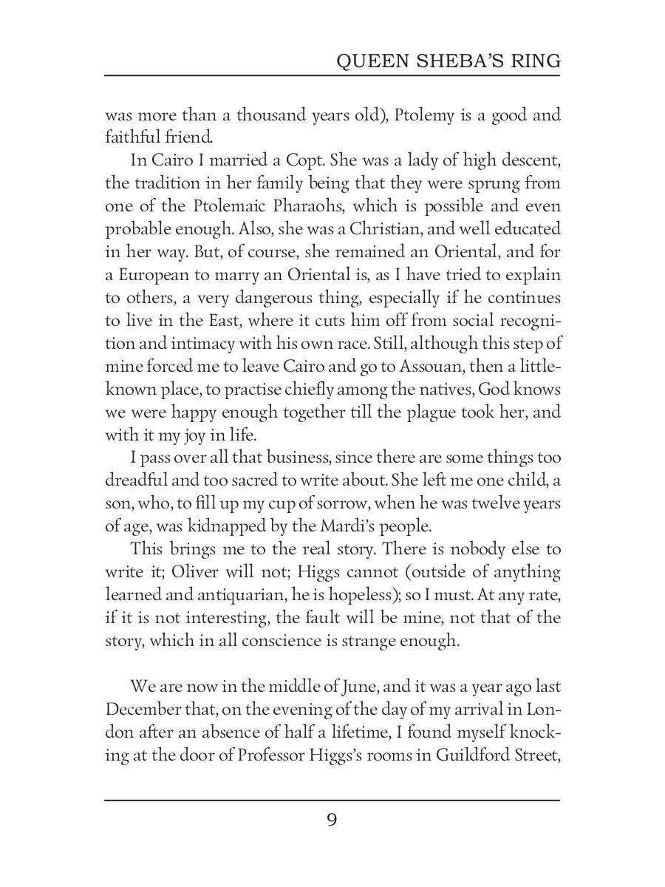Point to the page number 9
click(332, 820)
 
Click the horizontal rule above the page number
click(332, 800)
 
